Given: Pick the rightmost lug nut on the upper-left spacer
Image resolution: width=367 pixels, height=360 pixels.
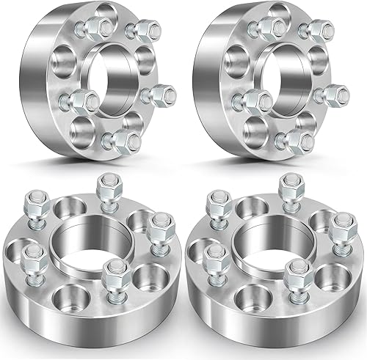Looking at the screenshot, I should tap(144, 95).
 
